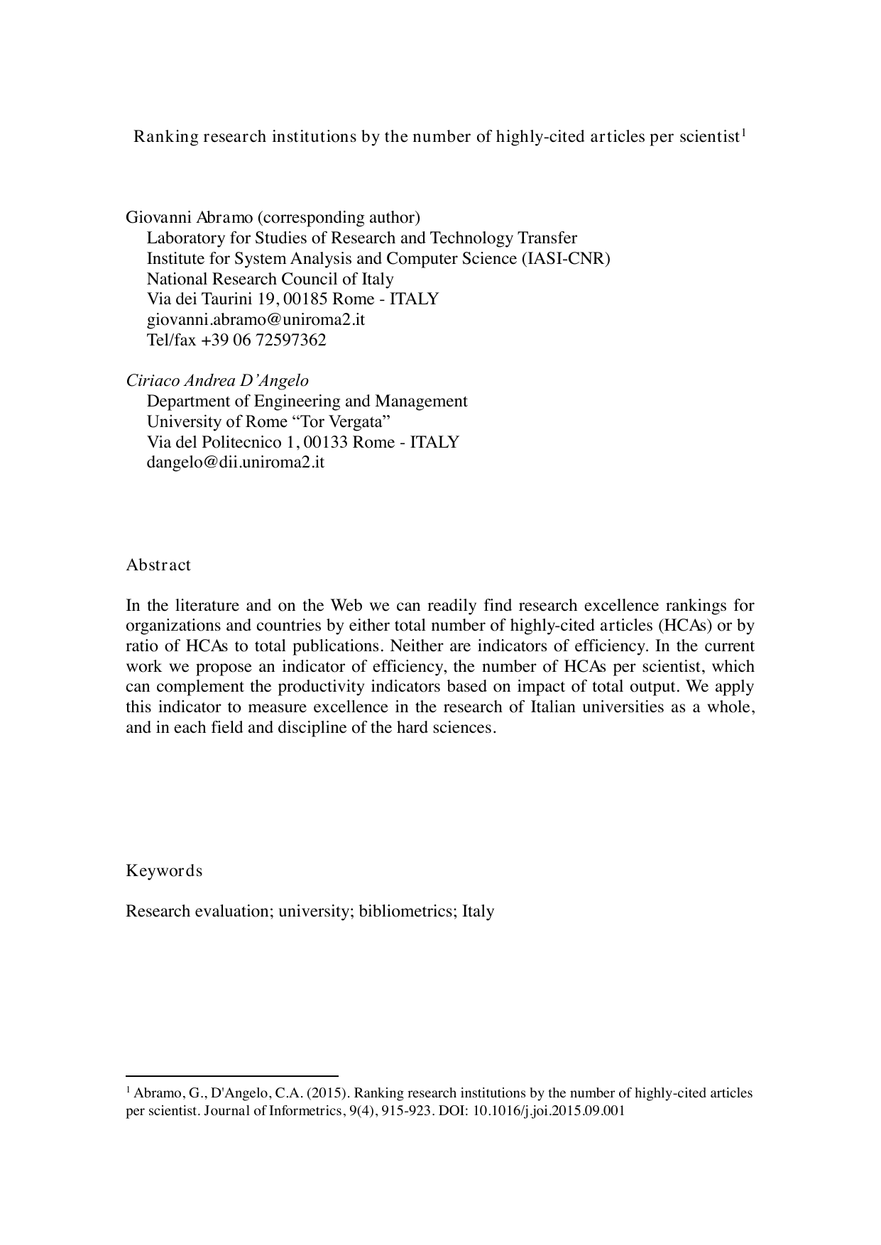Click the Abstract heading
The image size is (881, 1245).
(x=158, y=565)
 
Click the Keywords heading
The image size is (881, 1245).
(x=164, y=870)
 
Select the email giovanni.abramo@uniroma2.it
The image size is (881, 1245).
(x=256, y=319)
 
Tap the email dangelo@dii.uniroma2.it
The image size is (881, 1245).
(x=235, y=463)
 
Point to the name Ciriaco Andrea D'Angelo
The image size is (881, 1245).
(x=217, y=380)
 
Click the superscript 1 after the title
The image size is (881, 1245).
(x=743, y=132)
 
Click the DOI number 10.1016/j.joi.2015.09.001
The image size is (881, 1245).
(x=549, y=1112)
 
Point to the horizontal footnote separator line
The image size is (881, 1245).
(x=231, y=1075)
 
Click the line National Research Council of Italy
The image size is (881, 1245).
(x=270, y=279)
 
